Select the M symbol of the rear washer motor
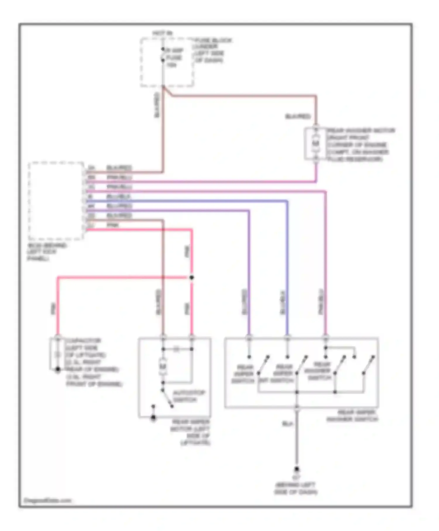[x=315, y=143]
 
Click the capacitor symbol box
[x=58, y=354]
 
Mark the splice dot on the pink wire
[x=192, y=278]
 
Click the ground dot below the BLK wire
[x=296, y=469]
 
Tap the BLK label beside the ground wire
[x=288, y=424]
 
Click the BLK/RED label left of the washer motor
[x=298, y=117]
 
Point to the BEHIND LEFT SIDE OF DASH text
[x=296, y=488]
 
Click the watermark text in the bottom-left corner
[x=47, y=500]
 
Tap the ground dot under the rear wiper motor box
[x=153, y=418]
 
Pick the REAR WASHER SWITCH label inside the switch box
[x=319, y=371]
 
